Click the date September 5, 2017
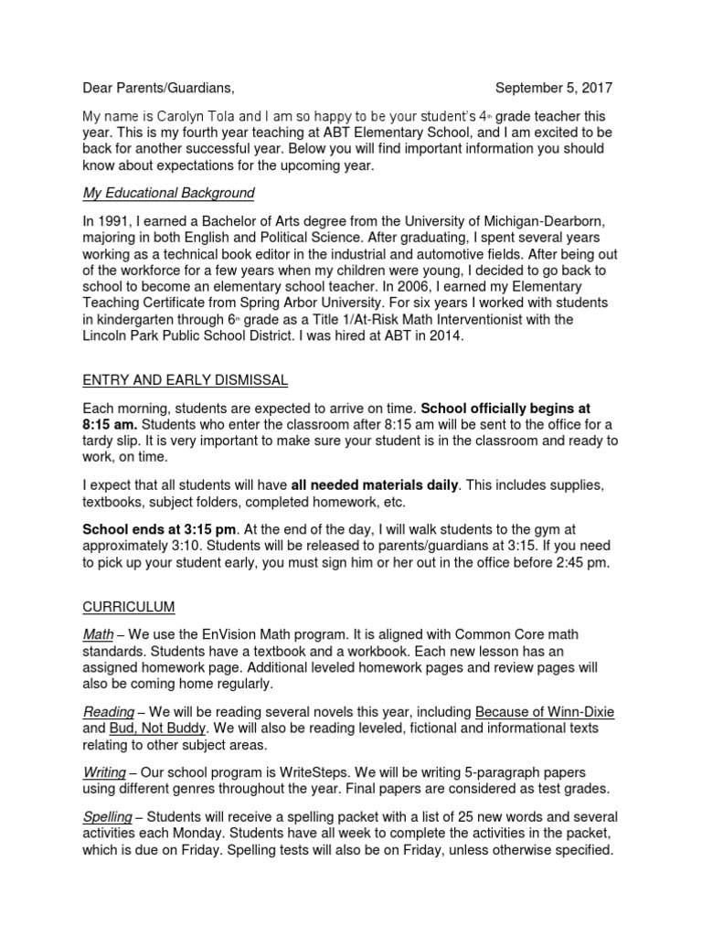[553, 88]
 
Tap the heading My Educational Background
[168, 193]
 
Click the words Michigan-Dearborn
[554, 222]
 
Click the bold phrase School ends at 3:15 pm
[160, 530]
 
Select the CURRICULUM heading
[129, 606]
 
